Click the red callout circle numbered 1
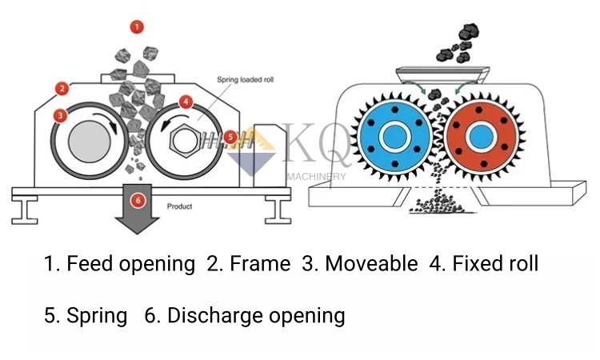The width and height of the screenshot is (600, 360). (x=137, y=27)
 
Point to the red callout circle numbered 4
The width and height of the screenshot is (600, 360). (x=186, y=102)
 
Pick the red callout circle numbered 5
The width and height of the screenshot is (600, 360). (x=231, y=137)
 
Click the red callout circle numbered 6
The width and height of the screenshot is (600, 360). (x=138, y=200)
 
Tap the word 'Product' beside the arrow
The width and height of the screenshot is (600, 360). (x=179, y=206)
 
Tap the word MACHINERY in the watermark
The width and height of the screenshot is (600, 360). (x=316, y=177)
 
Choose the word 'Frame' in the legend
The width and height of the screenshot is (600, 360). (x=258, y=263)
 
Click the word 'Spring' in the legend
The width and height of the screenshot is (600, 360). (x=97, y=315)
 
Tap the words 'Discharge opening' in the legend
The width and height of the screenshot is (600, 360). (x=256, y=315)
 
